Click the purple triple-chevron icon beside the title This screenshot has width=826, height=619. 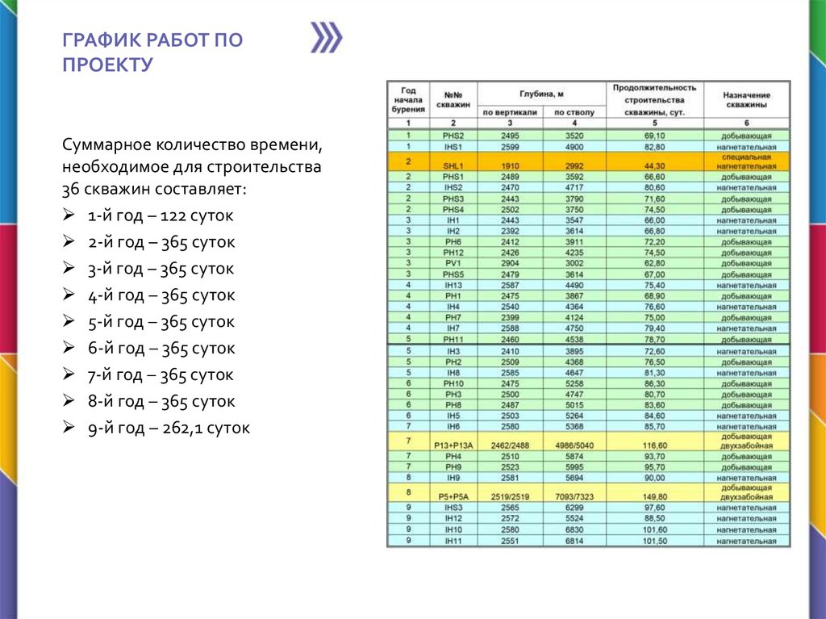click(x=327, y=38)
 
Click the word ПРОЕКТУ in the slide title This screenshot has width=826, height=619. click(x=107, y=65)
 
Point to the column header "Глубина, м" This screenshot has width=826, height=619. click(x=541, y=94)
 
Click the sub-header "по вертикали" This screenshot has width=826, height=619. click(x=510, y=111)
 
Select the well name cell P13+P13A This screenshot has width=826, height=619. click(x=453, y=445)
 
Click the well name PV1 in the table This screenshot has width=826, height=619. click(x=453, y=263)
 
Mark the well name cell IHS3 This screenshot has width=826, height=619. click(x=453, y=508)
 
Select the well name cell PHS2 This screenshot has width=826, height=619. click(x=453, y=136)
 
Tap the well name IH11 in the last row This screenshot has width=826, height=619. click(x=453, y=541)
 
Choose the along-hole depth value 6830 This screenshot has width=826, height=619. click(x=574, y=530)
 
